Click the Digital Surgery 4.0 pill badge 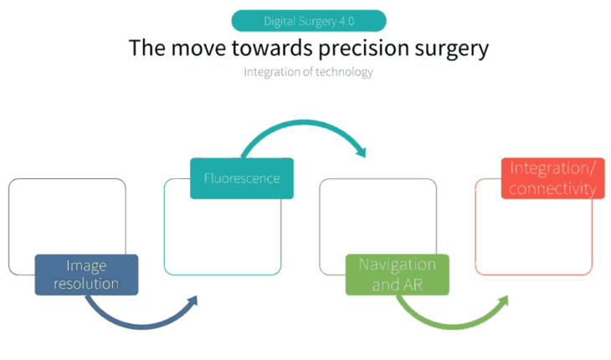tap(308, 21)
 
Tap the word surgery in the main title tap(443, 48)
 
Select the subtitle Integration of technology tap(308, 72)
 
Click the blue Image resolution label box tap(86, 275)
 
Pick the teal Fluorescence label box tap(242, 178)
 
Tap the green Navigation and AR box tap(397, 275)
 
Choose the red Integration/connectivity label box tap(552, 178)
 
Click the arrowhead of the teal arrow tap(361, 151)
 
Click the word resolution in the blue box tap(86, 284)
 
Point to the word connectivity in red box tap(552, 188)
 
